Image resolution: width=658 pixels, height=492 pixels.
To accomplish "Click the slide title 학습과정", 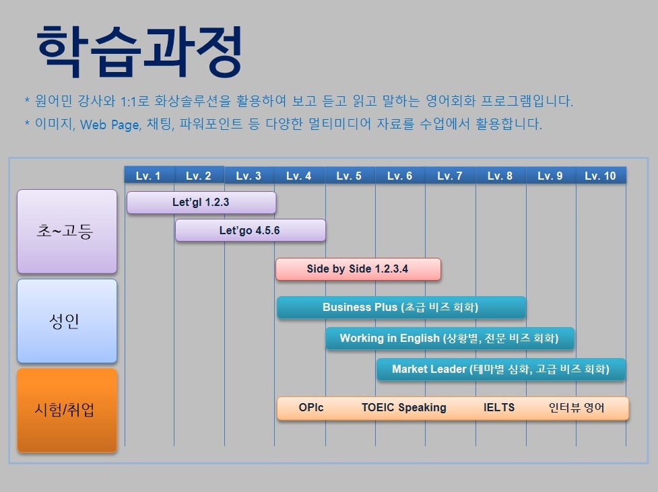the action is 139,51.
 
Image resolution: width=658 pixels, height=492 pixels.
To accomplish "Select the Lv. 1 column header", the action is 149,175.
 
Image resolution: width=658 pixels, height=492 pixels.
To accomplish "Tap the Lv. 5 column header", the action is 349,175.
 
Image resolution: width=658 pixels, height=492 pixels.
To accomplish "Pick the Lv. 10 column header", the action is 601,175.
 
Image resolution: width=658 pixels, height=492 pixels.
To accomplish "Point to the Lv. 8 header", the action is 500,175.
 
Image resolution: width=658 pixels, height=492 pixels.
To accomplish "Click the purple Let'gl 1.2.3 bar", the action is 201,203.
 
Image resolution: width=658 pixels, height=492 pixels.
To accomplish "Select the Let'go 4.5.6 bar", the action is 251,230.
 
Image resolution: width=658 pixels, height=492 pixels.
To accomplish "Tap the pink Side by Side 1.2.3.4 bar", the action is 358,269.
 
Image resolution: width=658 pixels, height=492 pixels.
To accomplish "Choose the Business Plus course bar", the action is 401,307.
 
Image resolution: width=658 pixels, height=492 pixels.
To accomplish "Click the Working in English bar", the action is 450,338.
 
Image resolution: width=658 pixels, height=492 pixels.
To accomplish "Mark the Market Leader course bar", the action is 501,369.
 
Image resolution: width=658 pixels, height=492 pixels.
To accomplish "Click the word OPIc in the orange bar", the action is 311,407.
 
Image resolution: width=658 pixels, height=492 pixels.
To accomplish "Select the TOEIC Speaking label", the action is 403,407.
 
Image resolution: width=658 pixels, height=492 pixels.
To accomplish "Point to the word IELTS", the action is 499,407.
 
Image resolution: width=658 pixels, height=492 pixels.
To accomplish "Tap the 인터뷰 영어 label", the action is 576,407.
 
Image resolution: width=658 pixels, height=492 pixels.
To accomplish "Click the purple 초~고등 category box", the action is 67,232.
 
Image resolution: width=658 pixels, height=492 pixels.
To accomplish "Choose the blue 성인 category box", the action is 67,321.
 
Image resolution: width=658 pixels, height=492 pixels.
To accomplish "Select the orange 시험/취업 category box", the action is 67,410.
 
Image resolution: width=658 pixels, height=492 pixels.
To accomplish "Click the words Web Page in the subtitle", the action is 110,125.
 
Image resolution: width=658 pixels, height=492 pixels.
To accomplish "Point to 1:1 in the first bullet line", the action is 127,101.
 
